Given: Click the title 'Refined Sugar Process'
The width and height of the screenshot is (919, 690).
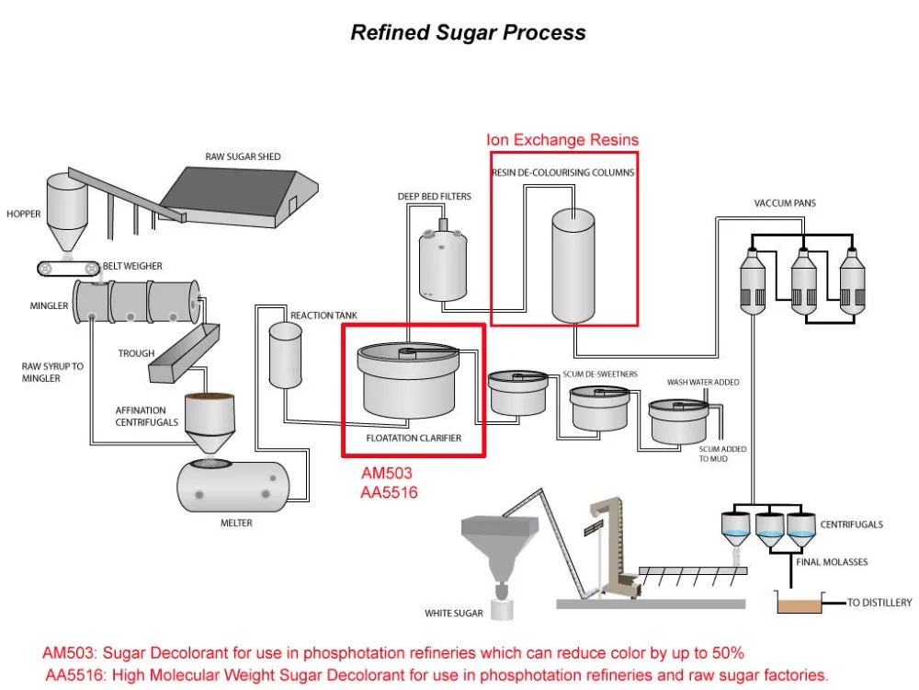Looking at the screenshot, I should click(468, 32).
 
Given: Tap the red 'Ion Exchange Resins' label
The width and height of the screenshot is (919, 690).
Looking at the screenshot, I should click(562, 140).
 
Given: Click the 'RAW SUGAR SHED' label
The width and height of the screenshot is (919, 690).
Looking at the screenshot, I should click(243, 156).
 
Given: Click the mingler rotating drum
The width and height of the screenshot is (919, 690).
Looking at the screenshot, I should click(137, 302).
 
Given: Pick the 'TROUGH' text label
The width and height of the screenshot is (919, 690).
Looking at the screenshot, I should click(136, 353).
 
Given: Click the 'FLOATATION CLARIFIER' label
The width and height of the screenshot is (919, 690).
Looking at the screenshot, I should click(414, 438).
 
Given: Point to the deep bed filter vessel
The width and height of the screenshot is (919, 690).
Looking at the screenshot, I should click(443, 264).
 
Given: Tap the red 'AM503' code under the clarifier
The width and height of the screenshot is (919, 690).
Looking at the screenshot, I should click(386, 473).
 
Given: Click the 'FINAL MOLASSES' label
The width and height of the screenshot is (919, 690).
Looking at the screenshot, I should click(832, 561).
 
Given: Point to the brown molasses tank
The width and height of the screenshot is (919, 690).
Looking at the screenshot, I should click(801, 604).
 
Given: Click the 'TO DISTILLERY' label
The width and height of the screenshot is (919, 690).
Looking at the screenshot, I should click(879, 603).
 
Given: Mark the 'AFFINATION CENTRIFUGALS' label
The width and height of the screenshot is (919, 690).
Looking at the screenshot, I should click(141, 416).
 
